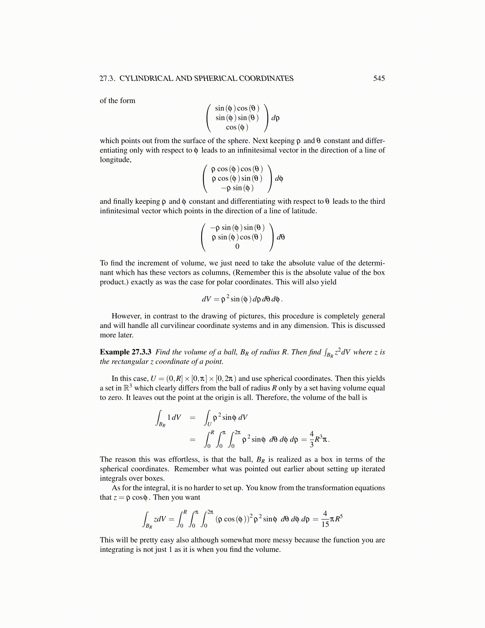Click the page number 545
tap(379, 78)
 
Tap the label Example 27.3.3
tap(126, 352)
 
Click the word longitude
tap(115, 160)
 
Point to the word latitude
tap(303, 211)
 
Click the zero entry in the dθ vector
tap(237, 247)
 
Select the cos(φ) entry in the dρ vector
tap(237, 127)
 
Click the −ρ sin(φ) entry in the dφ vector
tap(237, 188)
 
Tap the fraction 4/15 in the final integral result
tap(325, 519)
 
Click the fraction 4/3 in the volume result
tap(312, 439)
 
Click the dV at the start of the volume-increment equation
tap(207, 299)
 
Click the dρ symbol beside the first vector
tap(275, 118)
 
